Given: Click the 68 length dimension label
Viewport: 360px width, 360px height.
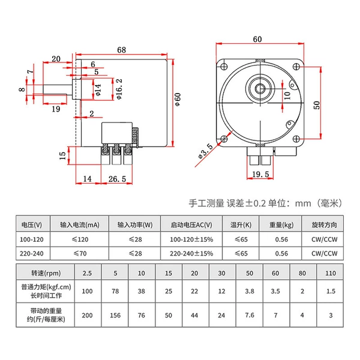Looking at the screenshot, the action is [121, 50].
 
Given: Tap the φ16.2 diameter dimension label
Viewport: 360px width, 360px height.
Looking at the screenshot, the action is [119, 89].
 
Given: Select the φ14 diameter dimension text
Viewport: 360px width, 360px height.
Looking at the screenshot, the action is [98, 90].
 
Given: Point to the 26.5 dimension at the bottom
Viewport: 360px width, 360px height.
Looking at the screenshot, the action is [117, 179].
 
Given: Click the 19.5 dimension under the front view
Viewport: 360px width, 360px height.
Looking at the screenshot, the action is [260, 174].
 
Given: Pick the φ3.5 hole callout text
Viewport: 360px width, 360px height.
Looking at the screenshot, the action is [205, 151].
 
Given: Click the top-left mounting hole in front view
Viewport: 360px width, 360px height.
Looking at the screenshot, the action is [224, 67].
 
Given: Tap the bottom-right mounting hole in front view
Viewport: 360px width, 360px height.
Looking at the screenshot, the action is [296, 139].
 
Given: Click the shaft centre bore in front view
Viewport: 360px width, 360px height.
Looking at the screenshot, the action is [260, 88].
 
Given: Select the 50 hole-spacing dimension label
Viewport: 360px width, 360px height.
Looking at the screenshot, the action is [317, 105].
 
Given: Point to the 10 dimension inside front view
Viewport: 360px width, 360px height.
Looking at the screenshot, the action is [287, 95].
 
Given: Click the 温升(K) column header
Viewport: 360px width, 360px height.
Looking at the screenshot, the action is [241, 225].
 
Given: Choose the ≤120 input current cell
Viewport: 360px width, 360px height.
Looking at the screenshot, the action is [80, 239].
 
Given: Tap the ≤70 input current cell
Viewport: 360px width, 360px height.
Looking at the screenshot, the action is [80, 253].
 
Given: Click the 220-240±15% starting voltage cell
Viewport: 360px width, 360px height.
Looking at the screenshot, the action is [191, 253].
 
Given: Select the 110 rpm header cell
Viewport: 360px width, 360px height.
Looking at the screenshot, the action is [331, 273].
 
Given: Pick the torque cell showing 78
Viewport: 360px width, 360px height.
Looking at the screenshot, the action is [115, 291].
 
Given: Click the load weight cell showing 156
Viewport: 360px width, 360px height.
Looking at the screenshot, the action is [115, 315].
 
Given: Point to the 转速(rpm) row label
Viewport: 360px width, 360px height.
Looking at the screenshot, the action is [46, 273].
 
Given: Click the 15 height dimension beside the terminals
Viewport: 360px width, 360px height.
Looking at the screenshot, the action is [62, 155].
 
